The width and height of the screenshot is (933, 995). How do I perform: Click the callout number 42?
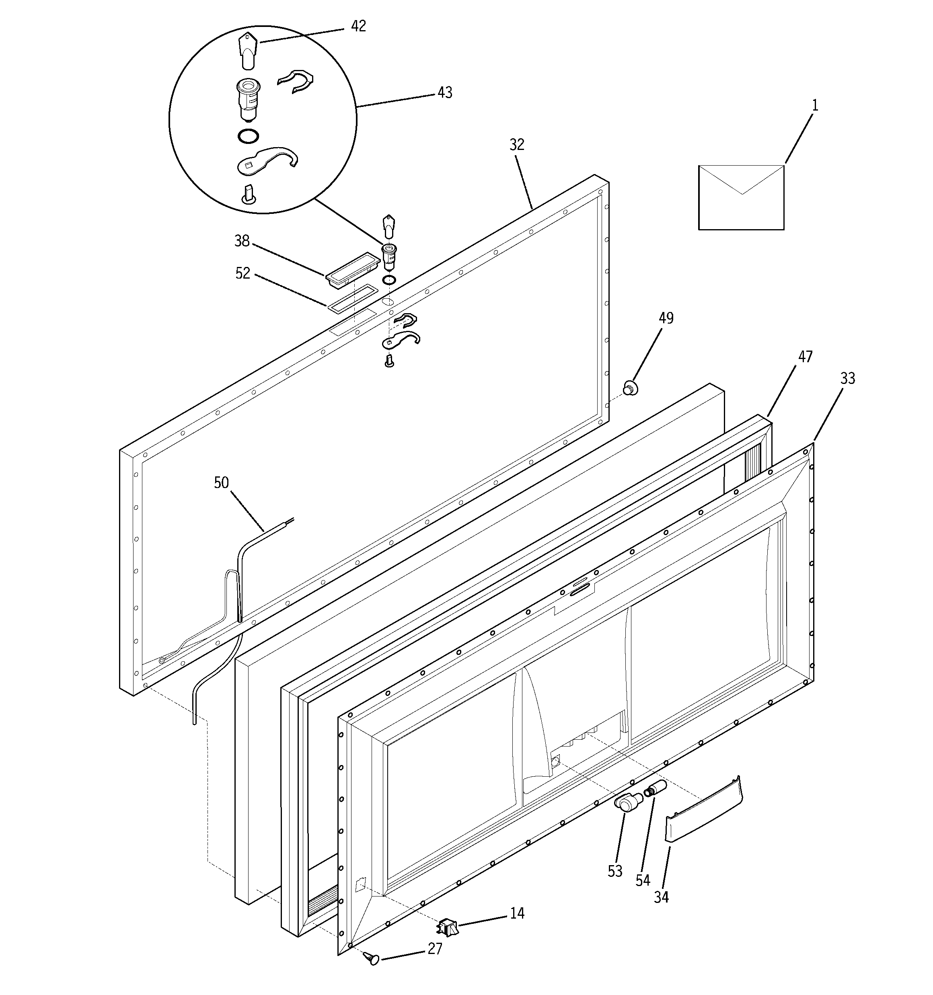click(358, 26)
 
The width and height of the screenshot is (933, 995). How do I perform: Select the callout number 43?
click(445, 92)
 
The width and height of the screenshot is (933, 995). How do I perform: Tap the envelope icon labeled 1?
click(741, 198)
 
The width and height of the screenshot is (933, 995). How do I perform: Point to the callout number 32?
click(517, 145)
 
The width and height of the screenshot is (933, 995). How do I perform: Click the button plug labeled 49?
click(630, 388)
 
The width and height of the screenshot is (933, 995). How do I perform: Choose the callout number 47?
click(805, 357)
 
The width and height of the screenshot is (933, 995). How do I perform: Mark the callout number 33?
click(847, 378)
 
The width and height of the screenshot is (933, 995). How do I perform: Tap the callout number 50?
click(221, 482)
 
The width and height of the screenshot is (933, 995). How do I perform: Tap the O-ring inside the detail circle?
click(248, 136)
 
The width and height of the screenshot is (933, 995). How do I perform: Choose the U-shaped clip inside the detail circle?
click(297, 82)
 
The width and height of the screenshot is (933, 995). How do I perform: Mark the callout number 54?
click(643, 880)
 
